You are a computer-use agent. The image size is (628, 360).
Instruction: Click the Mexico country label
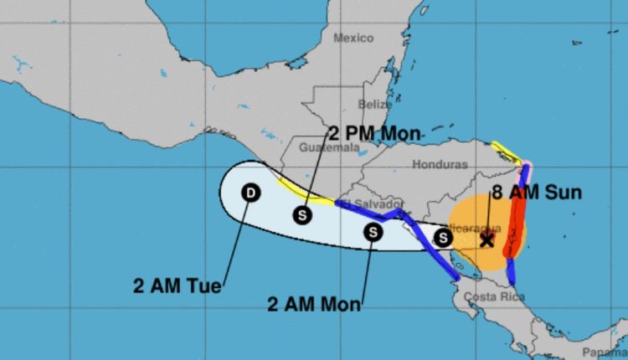(x=353, y=38)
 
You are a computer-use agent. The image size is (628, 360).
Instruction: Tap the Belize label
(x=374, y=105)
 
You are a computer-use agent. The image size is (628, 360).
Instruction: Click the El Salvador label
(x=382, y=203)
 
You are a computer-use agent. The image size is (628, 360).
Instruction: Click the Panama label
(x=605, y=352)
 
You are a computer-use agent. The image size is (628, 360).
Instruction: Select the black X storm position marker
(x=486, y=240)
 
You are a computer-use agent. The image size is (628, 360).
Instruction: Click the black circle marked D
(x=250, y=193)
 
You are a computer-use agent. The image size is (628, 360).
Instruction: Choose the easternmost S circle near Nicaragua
(x=445, y=239)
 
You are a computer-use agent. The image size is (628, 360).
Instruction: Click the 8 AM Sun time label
(x=536, y=193)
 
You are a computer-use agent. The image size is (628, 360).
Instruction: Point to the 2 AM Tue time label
(x=178, y=285)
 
